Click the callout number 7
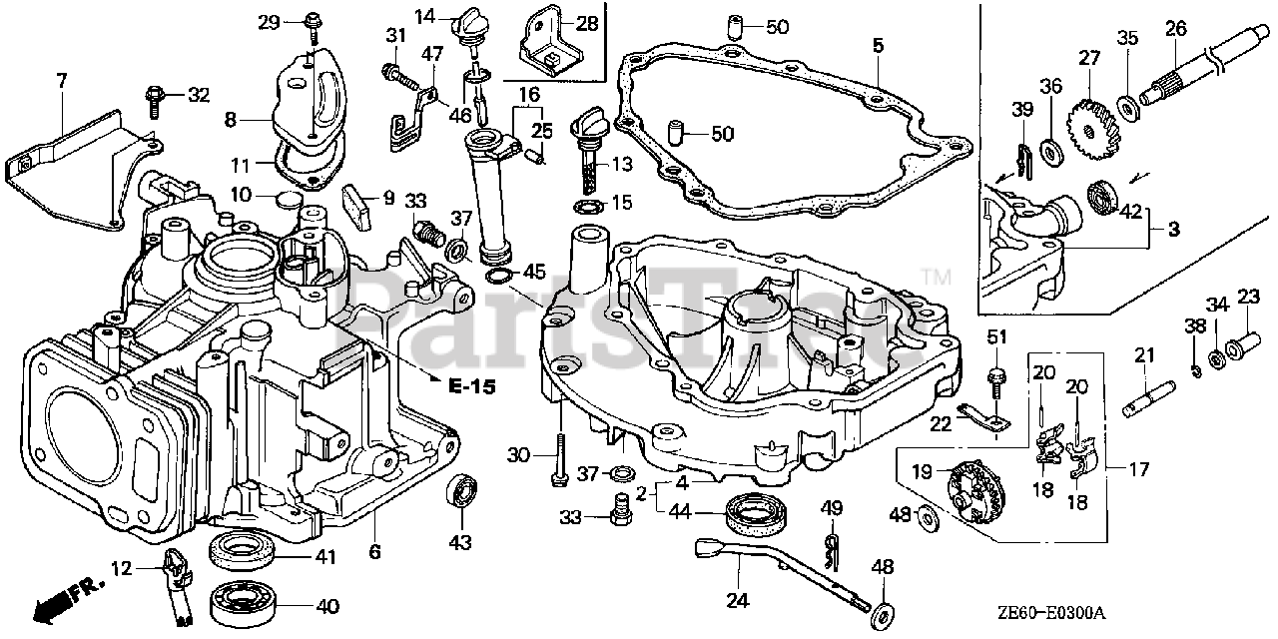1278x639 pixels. (x=62, y=81)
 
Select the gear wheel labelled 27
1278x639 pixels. (x=1091, y=129)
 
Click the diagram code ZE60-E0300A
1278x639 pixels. (x=1051, y=614)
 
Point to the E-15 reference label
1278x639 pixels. (x=472, y=386)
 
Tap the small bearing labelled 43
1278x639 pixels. (x=461, y=489)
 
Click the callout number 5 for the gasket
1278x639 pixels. (x=878, y=45)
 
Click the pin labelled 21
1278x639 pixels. (x=1148, y=398)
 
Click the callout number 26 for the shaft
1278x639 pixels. (x=1176, y=29)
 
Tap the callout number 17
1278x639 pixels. (x=1139, y=469)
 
